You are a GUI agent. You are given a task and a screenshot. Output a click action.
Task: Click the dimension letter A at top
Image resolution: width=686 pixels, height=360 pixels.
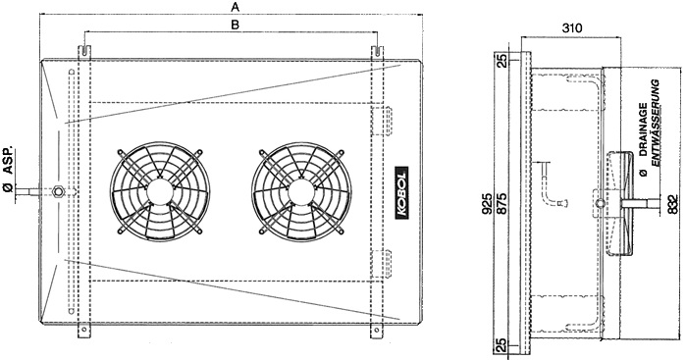[236, 7]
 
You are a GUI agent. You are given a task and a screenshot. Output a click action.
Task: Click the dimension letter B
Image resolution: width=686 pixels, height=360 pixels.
[235, 25]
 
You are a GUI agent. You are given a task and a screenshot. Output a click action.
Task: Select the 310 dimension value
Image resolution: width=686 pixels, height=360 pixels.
[572, 28]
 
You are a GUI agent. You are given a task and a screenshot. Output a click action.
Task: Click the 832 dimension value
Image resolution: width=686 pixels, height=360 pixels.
[673, 204]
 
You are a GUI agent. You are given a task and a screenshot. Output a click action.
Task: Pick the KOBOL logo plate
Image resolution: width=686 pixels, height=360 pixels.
[401, 191]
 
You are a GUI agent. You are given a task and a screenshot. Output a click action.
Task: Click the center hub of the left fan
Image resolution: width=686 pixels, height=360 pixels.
[159, 190]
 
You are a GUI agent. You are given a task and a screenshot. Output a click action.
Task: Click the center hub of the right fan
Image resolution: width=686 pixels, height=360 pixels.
[300, 190]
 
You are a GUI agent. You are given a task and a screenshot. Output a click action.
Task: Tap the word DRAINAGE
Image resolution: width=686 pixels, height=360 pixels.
[643, 130]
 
